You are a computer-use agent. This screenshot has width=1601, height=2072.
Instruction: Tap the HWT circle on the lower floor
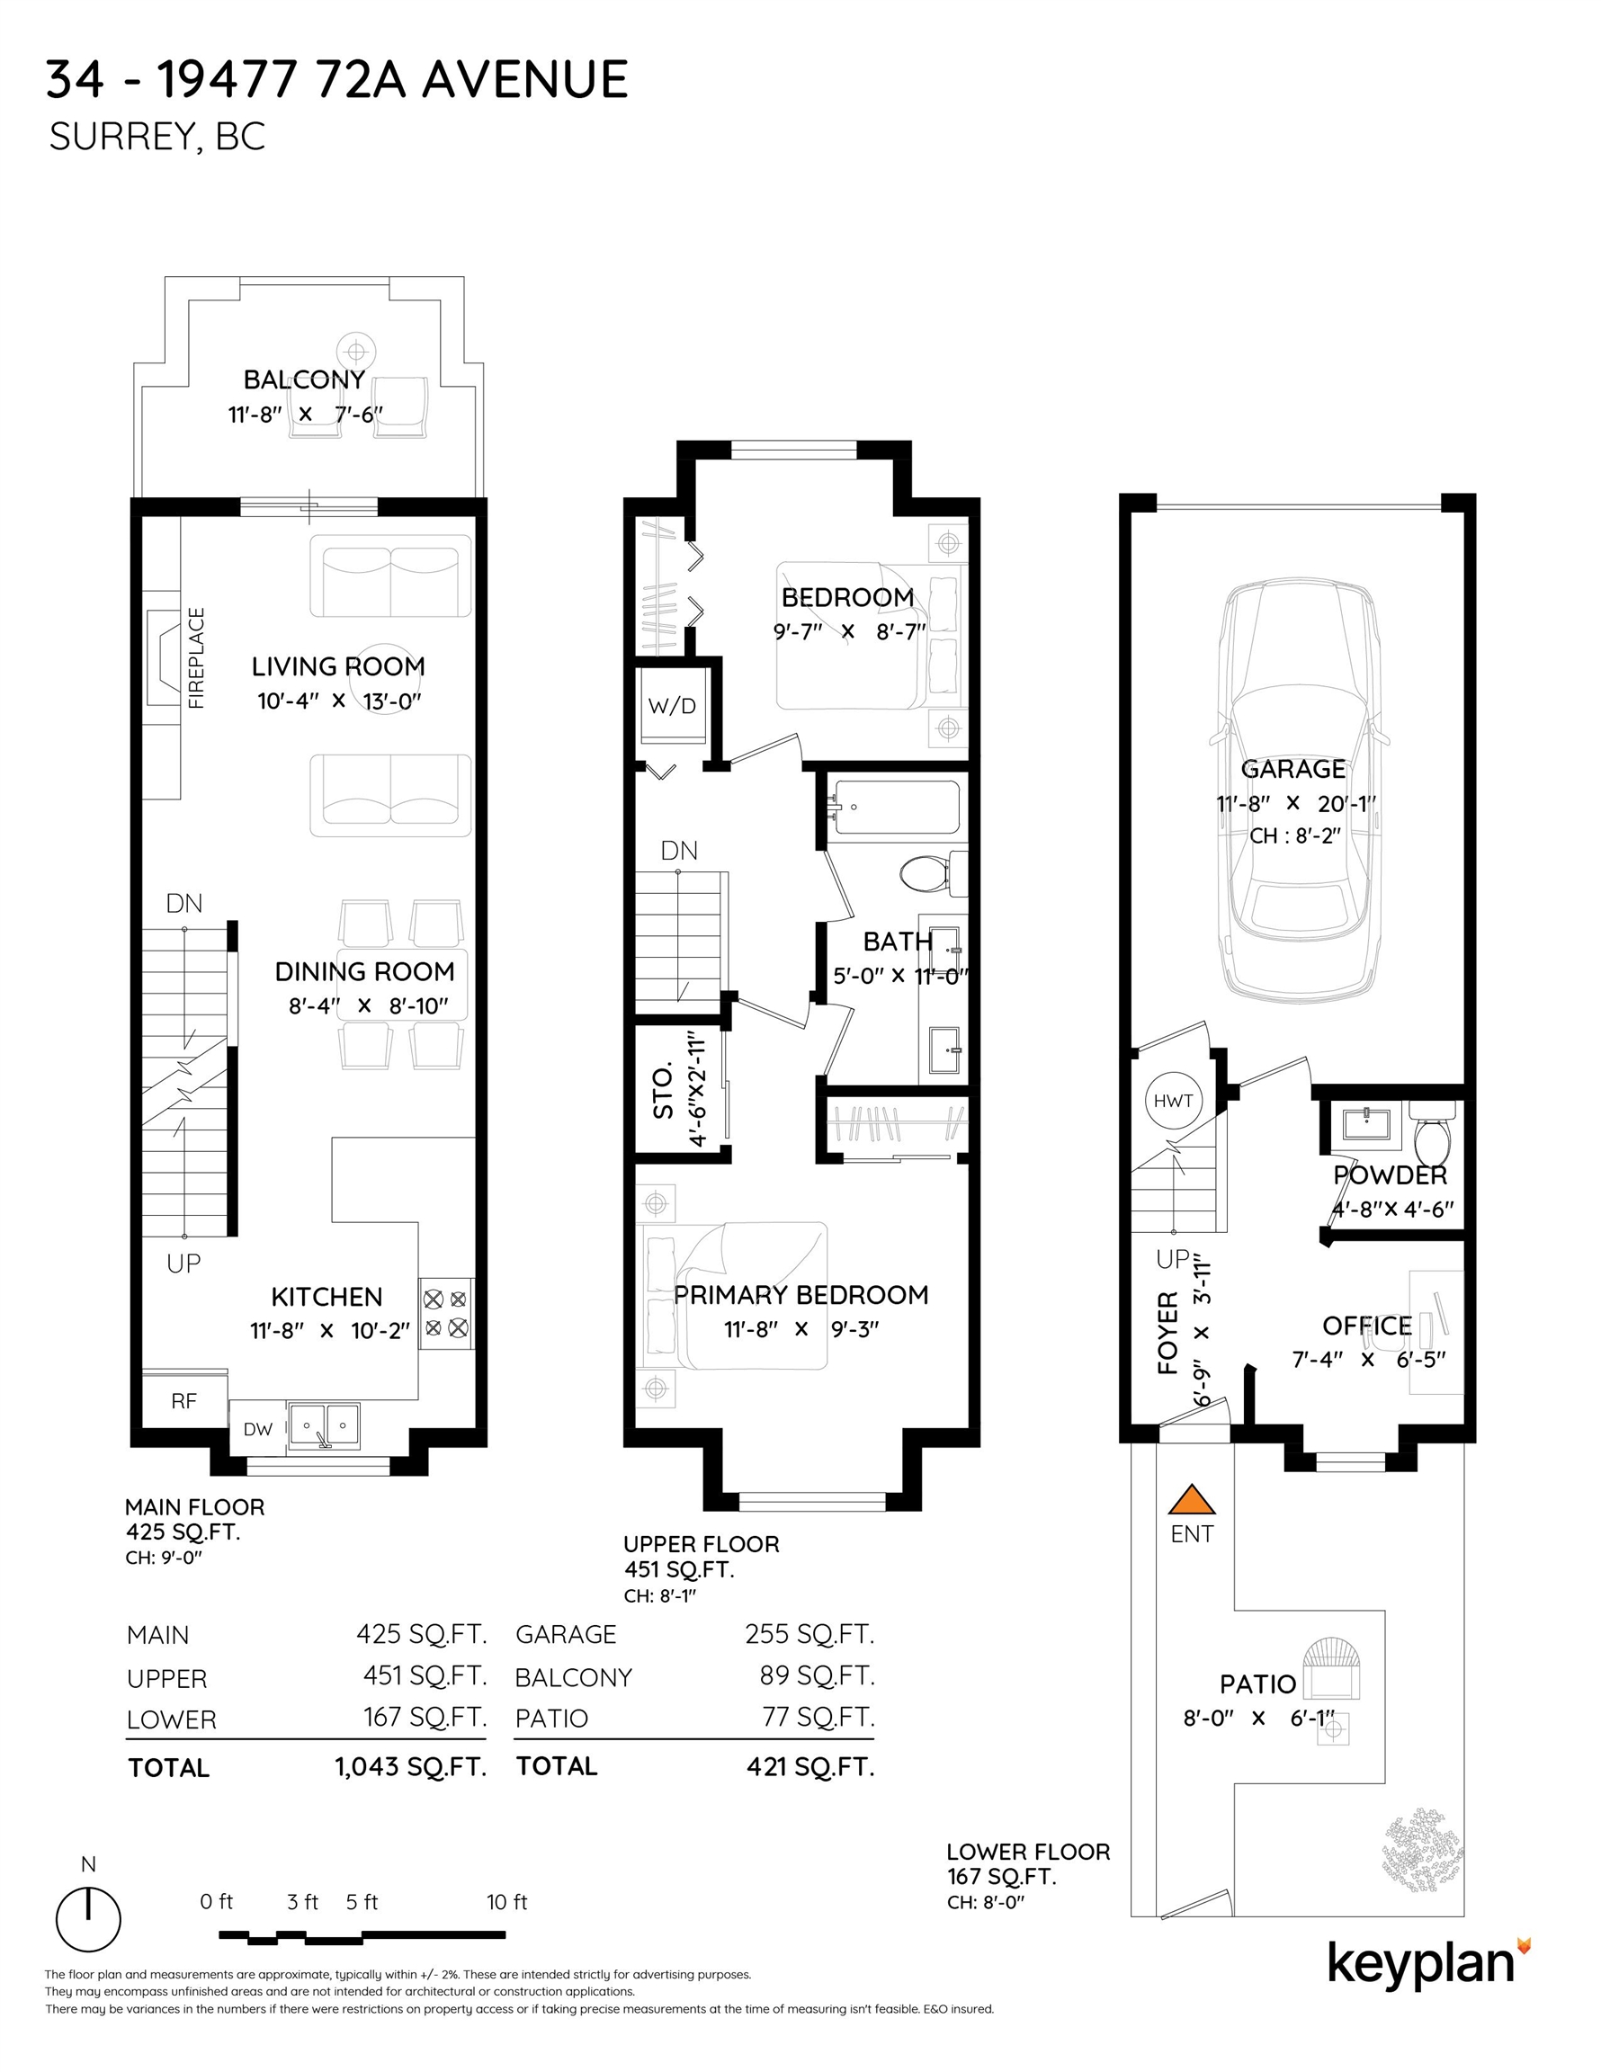tap(1173, 1102)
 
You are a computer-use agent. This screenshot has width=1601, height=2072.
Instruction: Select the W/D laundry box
tap(672, 706)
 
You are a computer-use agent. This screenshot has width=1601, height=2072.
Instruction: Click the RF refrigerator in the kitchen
tap(184, 1400)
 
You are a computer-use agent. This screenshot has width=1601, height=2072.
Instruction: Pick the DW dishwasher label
tap(257, 1429)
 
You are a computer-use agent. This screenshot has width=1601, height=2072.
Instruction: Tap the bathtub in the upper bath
tap(895, 808)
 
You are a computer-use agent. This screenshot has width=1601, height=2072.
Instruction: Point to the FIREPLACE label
tap(196, 658)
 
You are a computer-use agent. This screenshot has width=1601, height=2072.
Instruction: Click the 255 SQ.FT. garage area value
tap(809, 1634)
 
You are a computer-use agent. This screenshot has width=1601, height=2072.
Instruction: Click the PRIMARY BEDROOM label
tap(801, 1295)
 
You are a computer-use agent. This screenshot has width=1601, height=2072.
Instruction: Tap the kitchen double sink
tap(324, 1426)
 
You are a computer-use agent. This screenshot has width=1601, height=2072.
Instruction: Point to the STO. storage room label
tap(664, 1091)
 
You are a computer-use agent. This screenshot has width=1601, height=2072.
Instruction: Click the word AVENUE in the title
tap(524, 79)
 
